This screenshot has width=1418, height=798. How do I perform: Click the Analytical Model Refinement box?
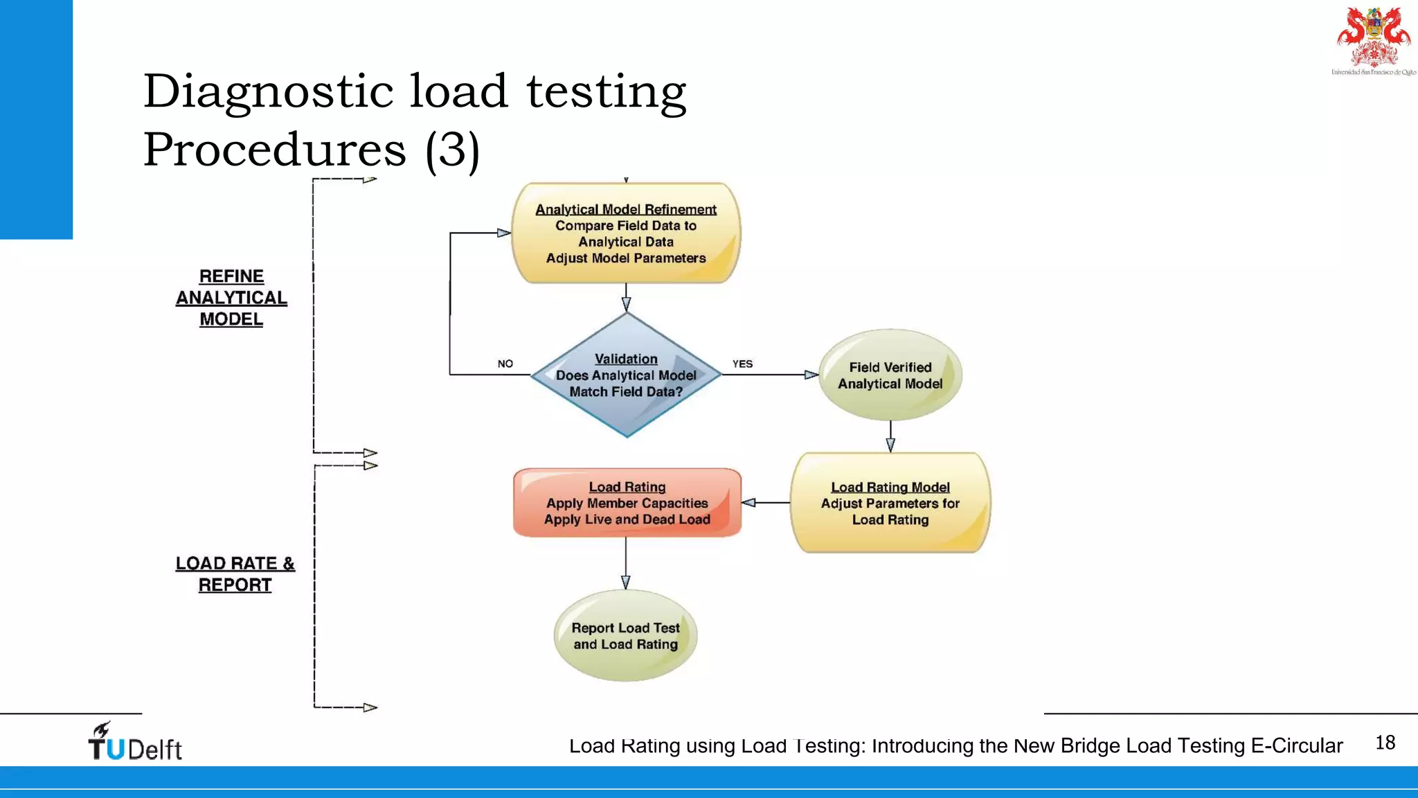[x=626, y=233]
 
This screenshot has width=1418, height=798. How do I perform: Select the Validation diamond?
[x=626, y=375]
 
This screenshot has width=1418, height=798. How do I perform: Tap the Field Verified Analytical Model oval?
[x=890, y=375]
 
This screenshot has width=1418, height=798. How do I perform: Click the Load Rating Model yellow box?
[x=890, y=503]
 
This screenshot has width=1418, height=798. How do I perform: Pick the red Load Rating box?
[x=627, y=503]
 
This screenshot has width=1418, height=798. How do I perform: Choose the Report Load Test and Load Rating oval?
[x=625, y=635]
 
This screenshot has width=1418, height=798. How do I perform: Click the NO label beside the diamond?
[x=505, y=364]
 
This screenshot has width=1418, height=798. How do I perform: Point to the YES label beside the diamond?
[x=742, y=364]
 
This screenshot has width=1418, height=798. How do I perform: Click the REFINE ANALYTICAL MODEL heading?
[x=231, y=298]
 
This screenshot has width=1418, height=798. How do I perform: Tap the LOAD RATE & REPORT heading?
[x=235, y=574]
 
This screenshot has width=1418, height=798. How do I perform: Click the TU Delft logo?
[x=135, y=743]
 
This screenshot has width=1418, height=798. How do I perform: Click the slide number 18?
[x=1385, y=743]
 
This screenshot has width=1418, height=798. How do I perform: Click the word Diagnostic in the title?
[x=269, y=91]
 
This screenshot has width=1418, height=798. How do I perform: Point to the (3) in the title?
[x=452, y=150]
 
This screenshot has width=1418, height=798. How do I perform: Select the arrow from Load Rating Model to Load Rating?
[x=765, y=503]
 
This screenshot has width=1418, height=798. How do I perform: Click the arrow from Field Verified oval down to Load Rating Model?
[x=890, y=436]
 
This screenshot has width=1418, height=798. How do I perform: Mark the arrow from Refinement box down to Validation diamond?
[x=626, y=297]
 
